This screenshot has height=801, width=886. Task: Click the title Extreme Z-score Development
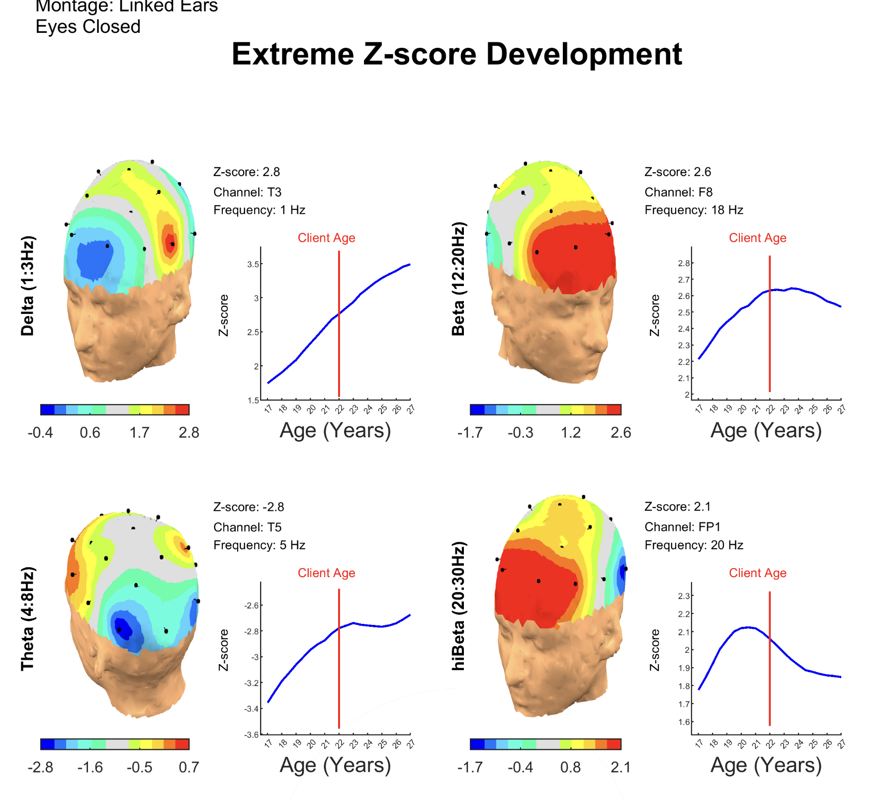click(x=456, y=54)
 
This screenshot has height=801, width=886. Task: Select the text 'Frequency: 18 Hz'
click(x=694, y=210)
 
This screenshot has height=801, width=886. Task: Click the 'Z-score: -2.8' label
click(x=249, y=507)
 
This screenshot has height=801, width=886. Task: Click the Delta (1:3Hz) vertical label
click(x=28, y=286)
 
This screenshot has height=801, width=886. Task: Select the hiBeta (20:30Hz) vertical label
click(x=458, y=606)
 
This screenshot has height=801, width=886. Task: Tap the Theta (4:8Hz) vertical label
click(x=28, y=618)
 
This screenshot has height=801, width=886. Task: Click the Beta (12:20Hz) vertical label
click(x=458, y=279)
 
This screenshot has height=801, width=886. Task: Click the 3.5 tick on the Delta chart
click(x=253, y=264)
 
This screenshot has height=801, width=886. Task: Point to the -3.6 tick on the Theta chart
click(x=252, y=734)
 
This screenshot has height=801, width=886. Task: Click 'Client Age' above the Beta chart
click(x=757, y=238)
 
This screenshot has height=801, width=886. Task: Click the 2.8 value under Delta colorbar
click(x=189, y=433)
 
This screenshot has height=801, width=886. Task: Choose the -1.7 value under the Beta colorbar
click(x=470, y=433)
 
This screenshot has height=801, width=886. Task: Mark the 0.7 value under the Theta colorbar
click(x=189, y=767)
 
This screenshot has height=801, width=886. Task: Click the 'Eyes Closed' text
click(x=88, y=27)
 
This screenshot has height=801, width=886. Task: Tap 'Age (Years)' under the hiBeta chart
click(x=766, y=765)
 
